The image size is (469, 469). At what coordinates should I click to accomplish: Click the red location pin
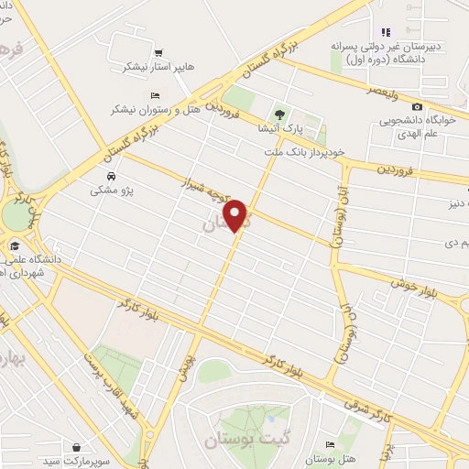[236, 215]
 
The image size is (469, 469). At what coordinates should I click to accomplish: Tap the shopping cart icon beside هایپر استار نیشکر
[159, 52]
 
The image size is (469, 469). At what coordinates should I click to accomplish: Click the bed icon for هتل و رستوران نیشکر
[154, 95]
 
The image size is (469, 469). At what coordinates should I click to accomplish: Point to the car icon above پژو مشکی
[110, 176]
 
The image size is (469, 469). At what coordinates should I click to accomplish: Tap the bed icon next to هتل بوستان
[330, 444]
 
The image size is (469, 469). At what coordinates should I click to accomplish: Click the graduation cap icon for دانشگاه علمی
[15, 245]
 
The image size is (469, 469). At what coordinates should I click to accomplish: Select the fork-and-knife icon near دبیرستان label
[386, 32]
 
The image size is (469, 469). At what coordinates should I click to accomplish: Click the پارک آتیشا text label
[279, 128]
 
